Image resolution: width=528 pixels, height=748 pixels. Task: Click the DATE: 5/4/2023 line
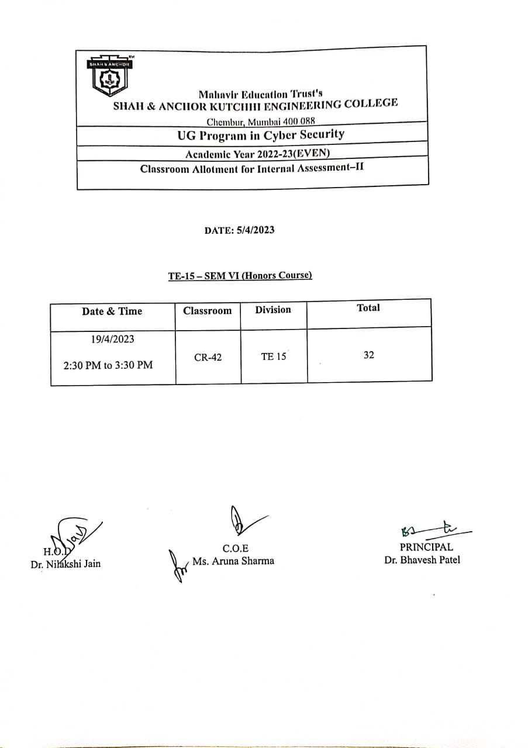(239, 230)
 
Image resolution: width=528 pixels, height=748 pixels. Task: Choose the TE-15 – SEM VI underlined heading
(240, 275)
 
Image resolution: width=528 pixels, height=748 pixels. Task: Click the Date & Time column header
(112, 311)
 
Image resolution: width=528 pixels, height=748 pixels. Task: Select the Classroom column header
(207, 311)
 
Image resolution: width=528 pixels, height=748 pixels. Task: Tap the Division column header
(272, 310)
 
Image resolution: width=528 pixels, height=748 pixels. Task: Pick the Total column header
(368, 308)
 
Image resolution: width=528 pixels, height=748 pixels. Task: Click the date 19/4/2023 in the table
(108, 340)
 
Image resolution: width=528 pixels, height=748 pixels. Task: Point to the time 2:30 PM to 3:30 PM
(108, 365)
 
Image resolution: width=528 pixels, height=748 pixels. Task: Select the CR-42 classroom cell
(208, 357)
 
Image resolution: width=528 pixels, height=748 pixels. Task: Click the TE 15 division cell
(274, 356)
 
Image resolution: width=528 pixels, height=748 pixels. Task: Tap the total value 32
(369, 355)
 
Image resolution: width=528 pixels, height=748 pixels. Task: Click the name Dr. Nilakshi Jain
(65, 564)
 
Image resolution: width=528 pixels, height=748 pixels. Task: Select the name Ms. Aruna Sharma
(233, 561)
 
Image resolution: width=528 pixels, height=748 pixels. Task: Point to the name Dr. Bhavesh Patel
(422, 560)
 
